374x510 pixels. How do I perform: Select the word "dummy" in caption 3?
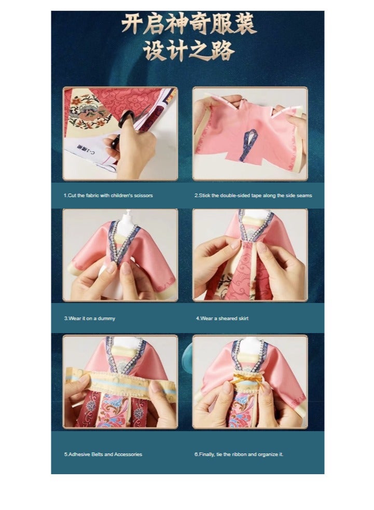(x=107, y=318)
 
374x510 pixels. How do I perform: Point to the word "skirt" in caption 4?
(x=242, y=318)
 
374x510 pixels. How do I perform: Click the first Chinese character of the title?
(x=132, y=25)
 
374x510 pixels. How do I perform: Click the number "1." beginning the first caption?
(x=66, y=196)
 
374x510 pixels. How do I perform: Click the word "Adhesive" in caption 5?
(x=78, y=454)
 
